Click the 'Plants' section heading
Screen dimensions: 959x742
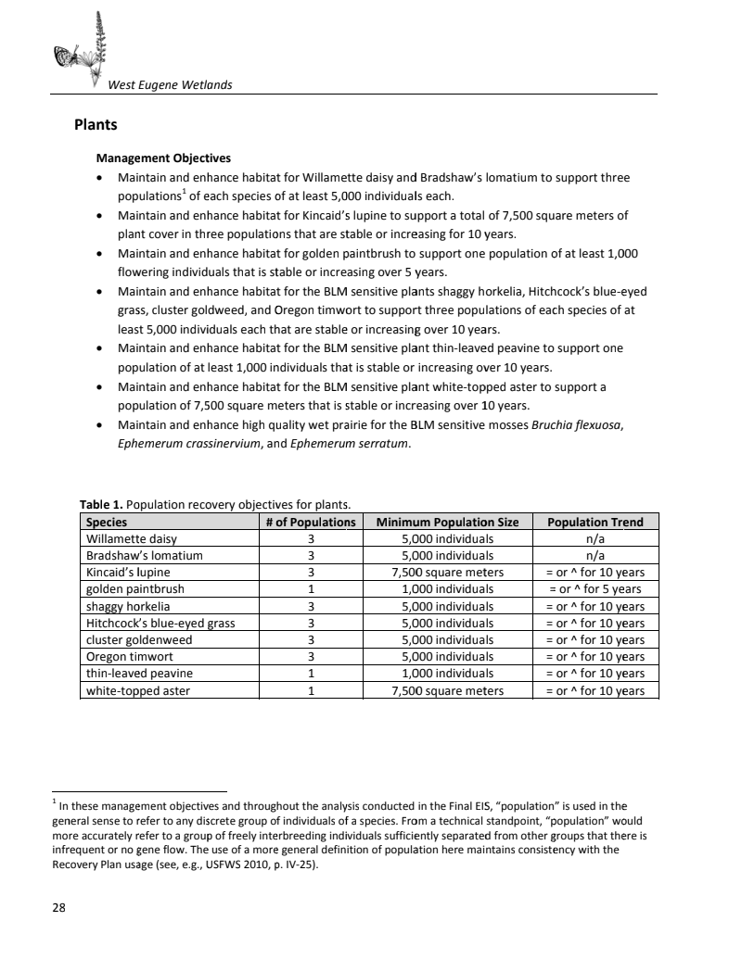[x=96, y=123]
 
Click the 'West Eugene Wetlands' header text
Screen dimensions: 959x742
[x=170, y=85]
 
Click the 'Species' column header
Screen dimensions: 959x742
[x=107, y=522]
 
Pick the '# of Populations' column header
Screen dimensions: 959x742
[x=311, y=522]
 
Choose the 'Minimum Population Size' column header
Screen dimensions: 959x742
[x=447, y=522]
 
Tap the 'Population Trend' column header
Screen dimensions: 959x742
[x=595, y=522]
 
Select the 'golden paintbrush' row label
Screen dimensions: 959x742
[x=135, y=588]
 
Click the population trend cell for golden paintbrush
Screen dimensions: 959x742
[x=595, y=588]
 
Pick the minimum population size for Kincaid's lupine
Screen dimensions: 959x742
[x=447, y=572]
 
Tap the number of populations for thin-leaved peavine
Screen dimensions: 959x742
[x=311, y=674]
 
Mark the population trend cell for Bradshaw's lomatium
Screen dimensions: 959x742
[x=595, y=555]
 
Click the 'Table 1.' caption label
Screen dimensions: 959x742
[x=101, y=505]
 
